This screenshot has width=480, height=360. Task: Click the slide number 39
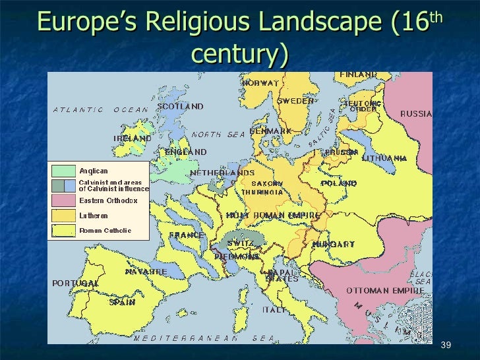[x=445, y=346]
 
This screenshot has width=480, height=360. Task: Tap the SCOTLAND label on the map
[x=180, y=106]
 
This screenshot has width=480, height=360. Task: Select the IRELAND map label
[x=133, y=138]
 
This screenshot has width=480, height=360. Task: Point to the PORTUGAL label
[x=75, y=283]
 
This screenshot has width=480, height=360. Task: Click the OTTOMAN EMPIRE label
[x=386, y=290]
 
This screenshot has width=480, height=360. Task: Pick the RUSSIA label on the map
[x=416, y=113]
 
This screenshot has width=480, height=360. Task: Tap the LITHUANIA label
[x=384, y=158]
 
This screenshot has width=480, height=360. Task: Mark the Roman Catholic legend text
[x=105, y=231]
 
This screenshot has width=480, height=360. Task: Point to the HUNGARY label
[x=333, y=244]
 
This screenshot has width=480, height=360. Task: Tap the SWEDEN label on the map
[x=295, y=101]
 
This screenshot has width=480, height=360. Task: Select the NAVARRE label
[x=146, y=271]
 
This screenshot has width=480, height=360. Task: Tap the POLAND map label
[x=339, y=183]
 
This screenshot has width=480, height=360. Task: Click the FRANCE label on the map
[x=187, y=235]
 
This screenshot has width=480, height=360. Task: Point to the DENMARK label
[x=270, y=131]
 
